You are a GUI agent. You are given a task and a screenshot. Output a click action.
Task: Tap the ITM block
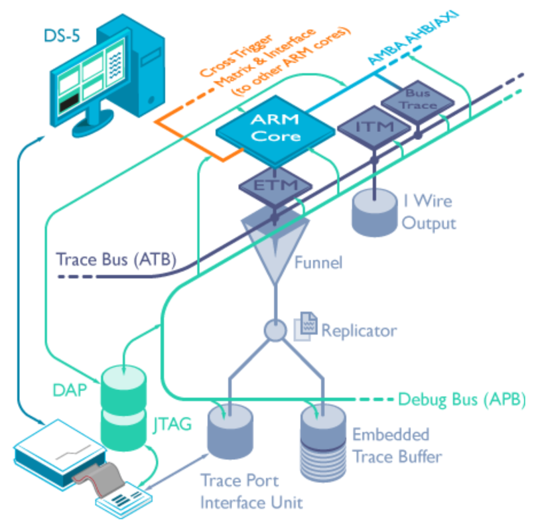[x=374, y=126]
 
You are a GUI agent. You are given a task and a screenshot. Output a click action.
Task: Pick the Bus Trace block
[x=418, y=100]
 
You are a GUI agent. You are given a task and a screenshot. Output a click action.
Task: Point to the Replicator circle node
[x=275, y=330]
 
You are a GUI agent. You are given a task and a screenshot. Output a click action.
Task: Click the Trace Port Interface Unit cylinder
[x=230, y=432]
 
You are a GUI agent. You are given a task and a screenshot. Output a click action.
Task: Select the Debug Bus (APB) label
[x=461, y=400]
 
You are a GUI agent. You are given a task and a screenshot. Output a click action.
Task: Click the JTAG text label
[x=172, y=425]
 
